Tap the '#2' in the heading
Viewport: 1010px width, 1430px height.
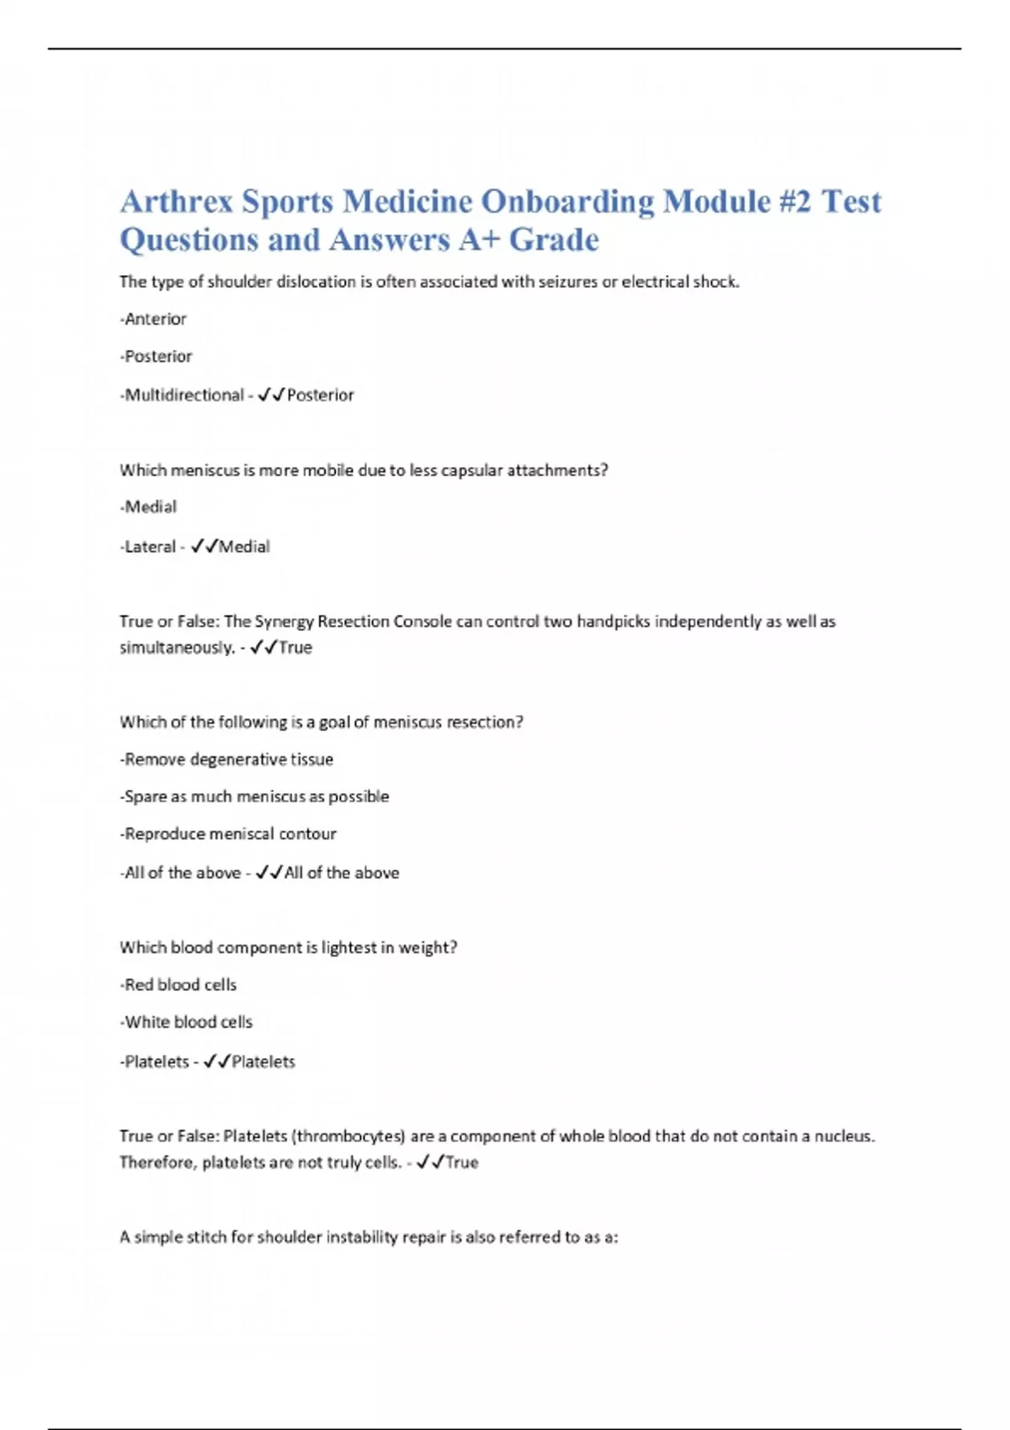795,202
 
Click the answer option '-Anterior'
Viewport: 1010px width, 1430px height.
153,319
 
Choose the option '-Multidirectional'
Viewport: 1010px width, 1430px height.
182,395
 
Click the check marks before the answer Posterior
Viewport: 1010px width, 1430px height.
271,395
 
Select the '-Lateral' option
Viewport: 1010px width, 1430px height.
148,547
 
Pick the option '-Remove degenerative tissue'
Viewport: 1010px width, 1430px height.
226,760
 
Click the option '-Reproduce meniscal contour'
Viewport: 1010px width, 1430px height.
228,834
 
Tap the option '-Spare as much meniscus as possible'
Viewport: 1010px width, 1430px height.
254,797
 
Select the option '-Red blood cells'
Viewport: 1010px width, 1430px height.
178,985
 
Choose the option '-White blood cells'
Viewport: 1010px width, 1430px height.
186,1022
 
